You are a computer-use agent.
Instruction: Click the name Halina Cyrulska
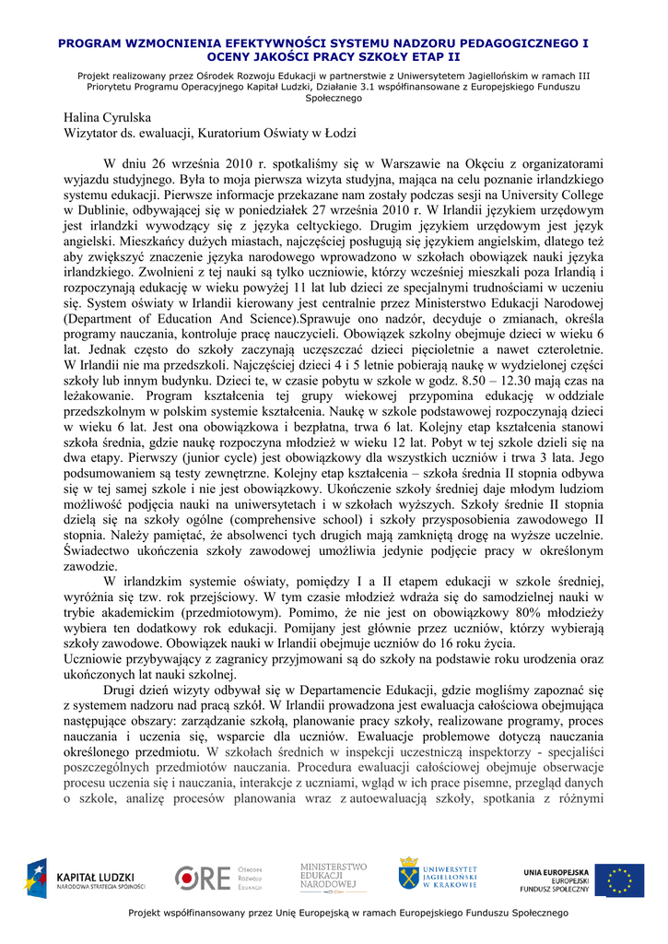point(107,117)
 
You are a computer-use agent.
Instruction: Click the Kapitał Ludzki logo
point(85,879)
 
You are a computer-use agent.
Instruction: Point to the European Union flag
point(619,879)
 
